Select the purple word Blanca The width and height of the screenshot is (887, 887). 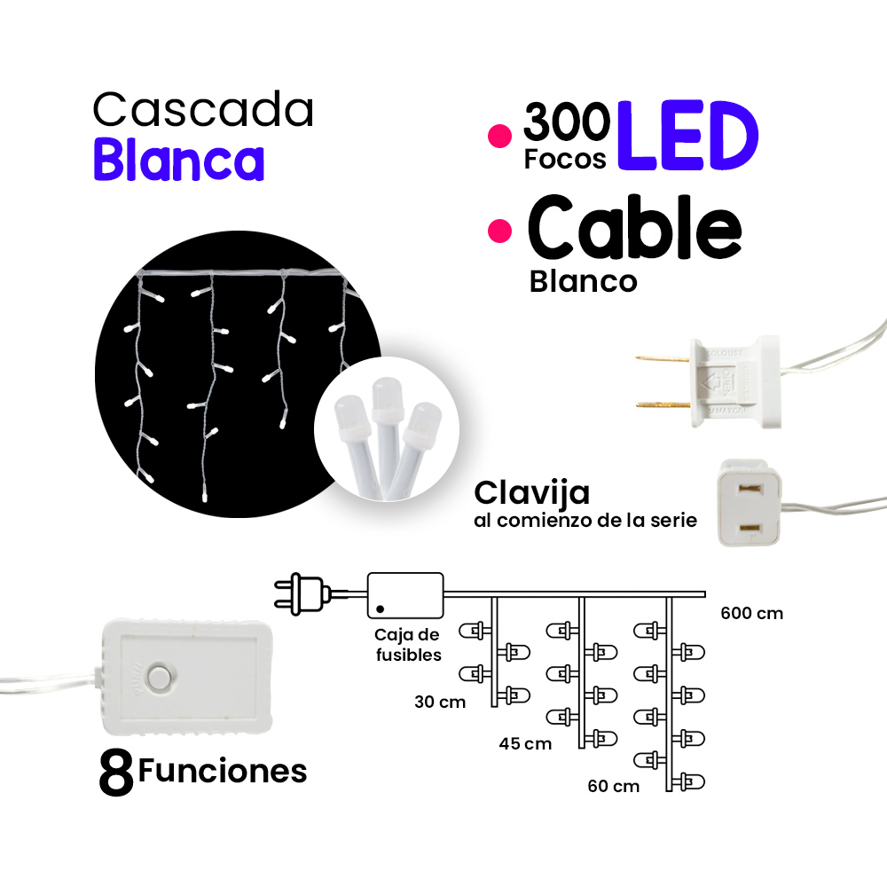(179, 161)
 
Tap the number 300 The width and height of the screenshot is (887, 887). (566, 123)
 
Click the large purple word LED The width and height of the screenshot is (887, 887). (688, 137)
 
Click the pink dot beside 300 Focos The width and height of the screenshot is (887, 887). (501, 136)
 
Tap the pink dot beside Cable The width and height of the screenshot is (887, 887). (501, 231)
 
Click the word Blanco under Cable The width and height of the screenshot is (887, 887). (583, 281)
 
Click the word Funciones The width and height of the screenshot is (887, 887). (223, 770)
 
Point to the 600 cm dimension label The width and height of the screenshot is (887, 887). (751, 613)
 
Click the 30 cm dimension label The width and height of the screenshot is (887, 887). (440, 702)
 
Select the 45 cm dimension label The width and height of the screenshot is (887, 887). (525, 743)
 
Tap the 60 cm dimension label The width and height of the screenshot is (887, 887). (613, 786)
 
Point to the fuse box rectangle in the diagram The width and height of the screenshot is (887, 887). (405, 594)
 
